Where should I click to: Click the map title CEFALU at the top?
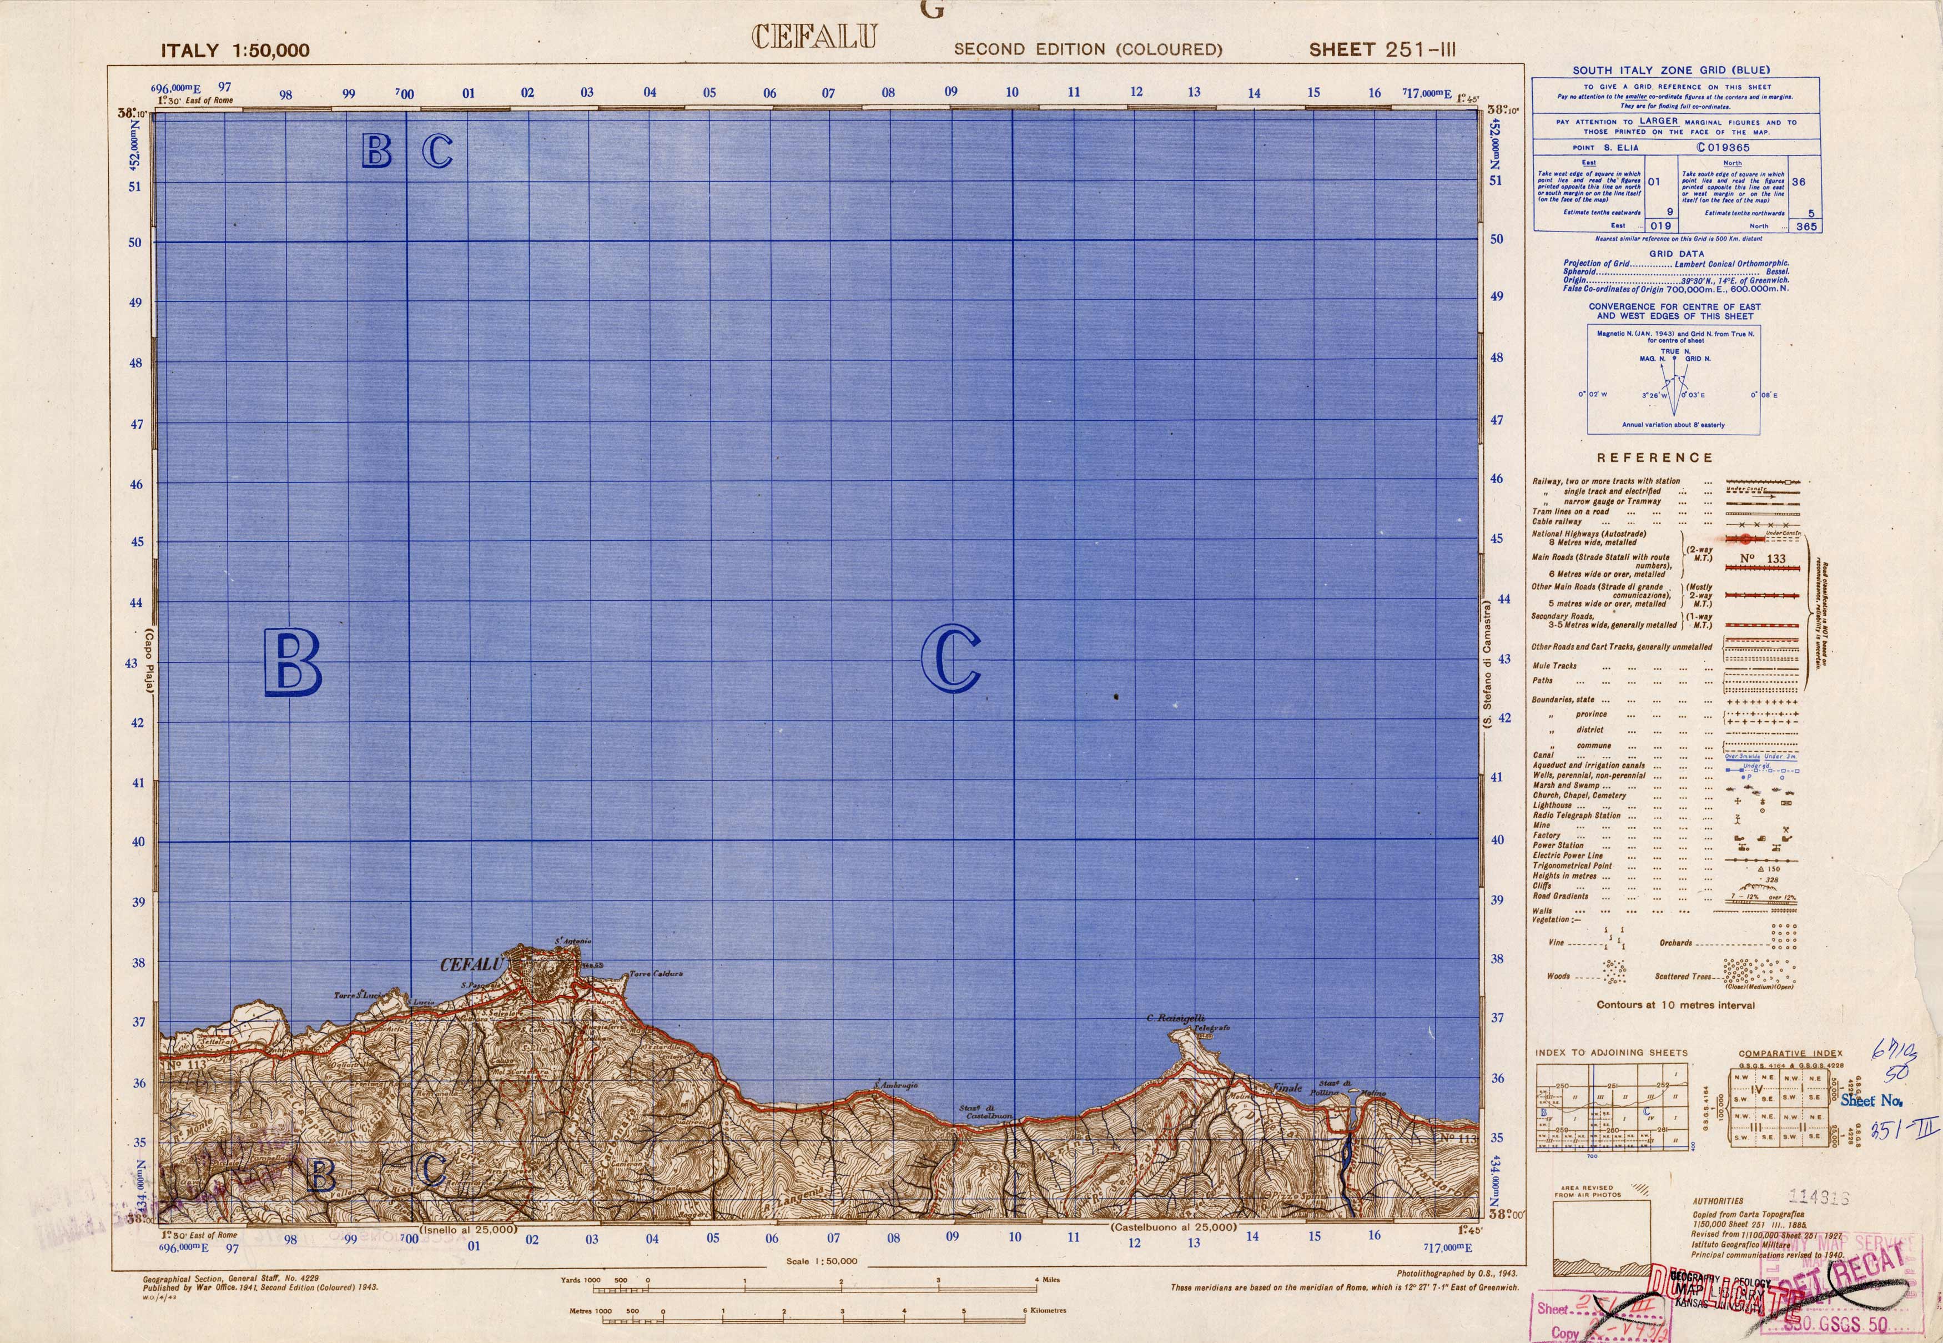tap(814, 37)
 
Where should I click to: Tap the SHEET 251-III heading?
tap(1381, 49)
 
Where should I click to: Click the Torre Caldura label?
tap(656, 974)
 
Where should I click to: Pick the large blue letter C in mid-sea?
tap(951, 659)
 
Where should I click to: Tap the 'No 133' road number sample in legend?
tap(1763, 559)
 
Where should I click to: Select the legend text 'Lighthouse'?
tap(1553, 805)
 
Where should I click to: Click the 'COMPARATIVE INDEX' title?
tap(1790, 1053)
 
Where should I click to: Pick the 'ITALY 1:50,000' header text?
tap(235, 51)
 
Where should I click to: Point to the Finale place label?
tap(1287, 1087)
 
